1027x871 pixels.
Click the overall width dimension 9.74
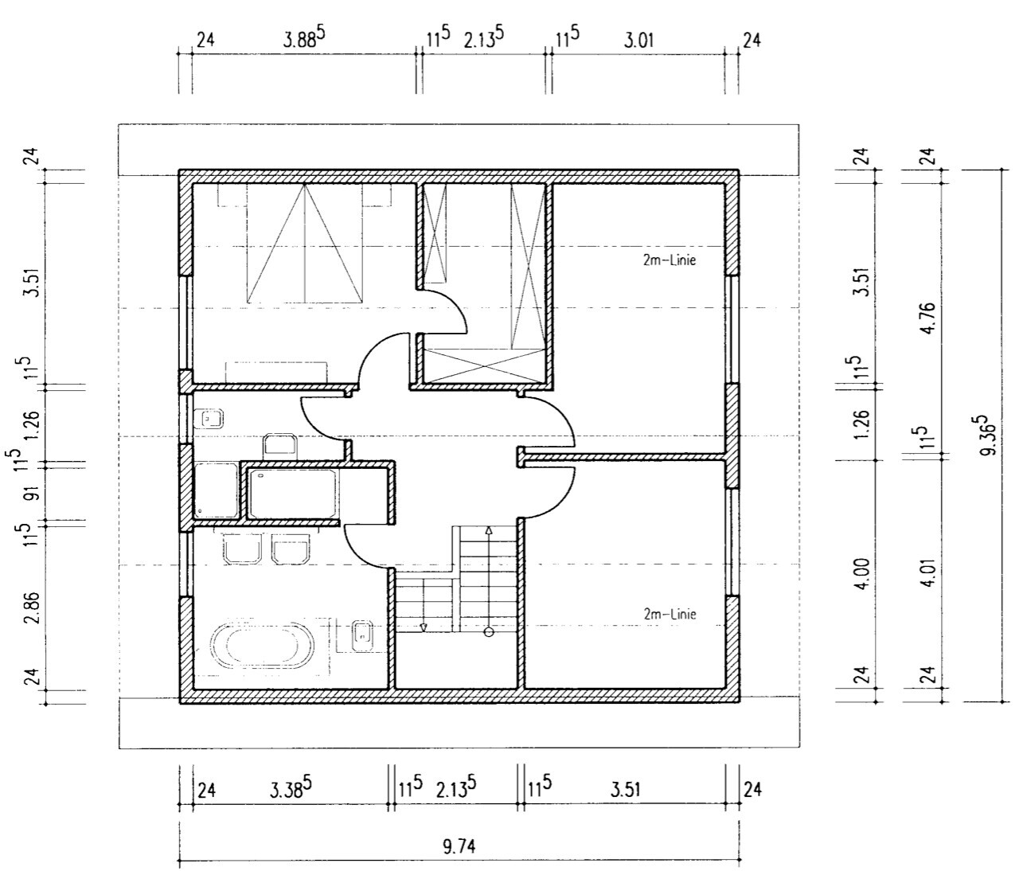(459, 846)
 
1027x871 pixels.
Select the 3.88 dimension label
(304, 39)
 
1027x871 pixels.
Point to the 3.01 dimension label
(638, 41)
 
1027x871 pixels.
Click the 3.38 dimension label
(291, 787)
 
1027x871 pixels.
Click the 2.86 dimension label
(33, 608)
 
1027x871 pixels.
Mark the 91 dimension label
(33, 494)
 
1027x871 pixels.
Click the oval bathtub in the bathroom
(263, 646)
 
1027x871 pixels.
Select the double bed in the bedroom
(305, 244)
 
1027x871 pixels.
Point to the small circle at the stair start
(489, 632)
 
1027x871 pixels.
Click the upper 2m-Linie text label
(670, 260)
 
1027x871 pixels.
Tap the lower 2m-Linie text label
(670, 614)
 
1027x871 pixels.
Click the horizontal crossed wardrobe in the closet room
(485, 366)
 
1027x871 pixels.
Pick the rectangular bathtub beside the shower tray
(293, 494)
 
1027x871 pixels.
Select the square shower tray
(216, 491)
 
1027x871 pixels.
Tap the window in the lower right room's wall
(732, 541)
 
